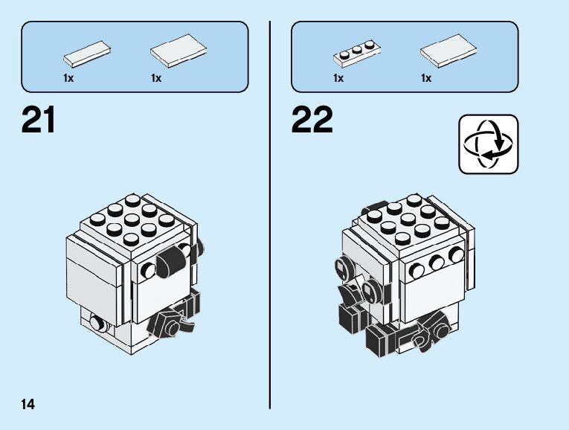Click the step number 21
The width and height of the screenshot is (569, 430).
pyautogui.click(x=39, y=120)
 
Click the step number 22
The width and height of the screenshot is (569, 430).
pyautogui.click(x=312, y=120)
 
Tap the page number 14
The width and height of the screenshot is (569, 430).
pyautogui.click(x=28, y=405)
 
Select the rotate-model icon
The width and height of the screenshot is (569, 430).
pyautogui.click(x=488, y=144)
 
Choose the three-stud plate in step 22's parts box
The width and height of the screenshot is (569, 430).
pyautogui.click(x=358, y=54)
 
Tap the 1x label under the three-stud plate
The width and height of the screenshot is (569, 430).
pyautogui.click(x=338, y=78)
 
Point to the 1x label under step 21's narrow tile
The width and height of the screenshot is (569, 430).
pyautogui.click(x=69, y=78)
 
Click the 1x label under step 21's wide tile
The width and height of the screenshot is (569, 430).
pyautogui.click(x=156, y=78)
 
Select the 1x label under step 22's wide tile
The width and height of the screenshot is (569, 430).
pyautogui.click(x=426, y=78)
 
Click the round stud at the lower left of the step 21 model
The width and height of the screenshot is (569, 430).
pyautogui.click(x=96, y=323)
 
